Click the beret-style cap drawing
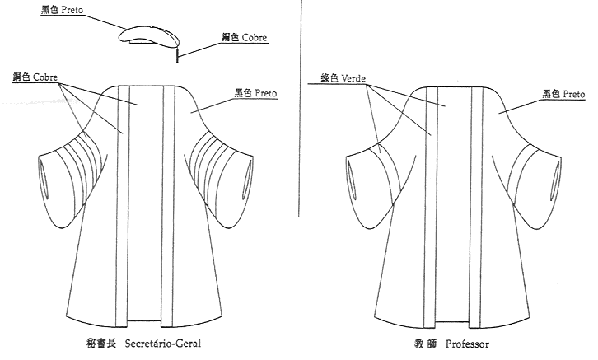(x=150, y=37)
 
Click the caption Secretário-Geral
(x=163, y=344)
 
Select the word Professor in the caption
(x=467, y=344)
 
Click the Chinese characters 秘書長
(x=100, y=344)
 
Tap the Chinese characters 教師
(x=425, y=344)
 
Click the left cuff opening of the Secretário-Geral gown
(x=44, y=179)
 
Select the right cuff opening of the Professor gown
(x=557, y=180)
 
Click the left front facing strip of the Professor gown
(x=430, y=207)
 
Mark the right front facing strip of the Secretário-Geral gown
(x=168, y=206)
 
